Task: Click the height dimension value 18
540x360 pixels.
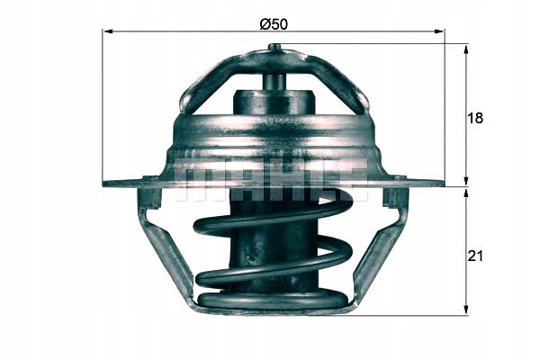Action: click(x=476, y=119)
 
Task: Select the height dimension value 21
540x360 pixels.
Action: click(x=476, y=256)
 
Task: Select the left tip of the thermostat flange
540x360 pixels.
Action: click(x=107, y=184)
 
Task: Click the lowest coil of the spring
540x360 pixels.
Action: click(x=270, y=301)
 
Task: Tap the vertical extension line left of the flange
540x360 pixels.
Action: click(x=103, y=108)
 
